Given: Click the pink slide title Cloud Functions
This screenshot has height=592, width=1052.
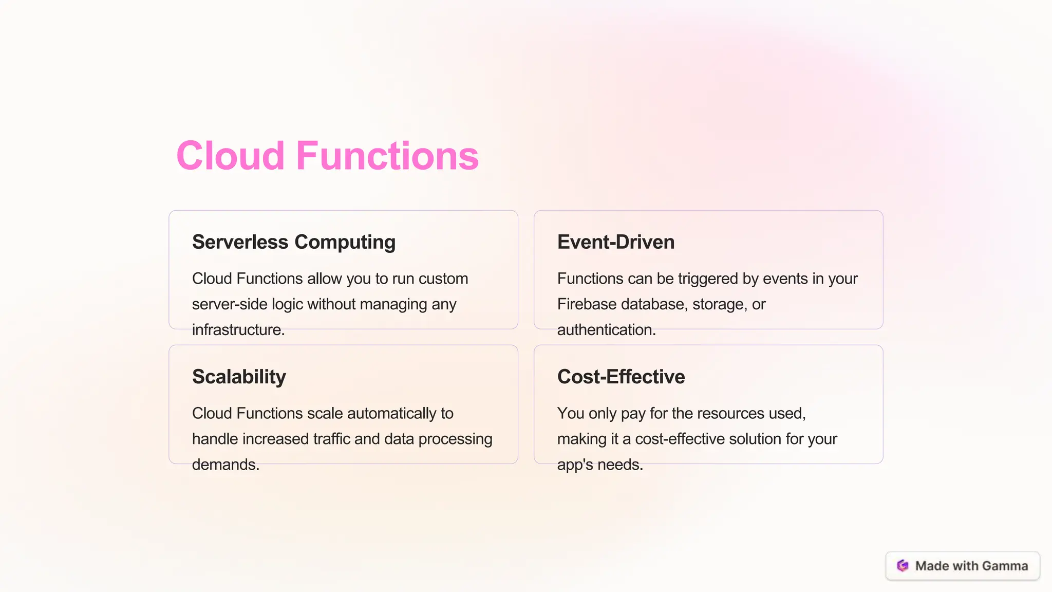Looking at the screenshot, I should (327, 156).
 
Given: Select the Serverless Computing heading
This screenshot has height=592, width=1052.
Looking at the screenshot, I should (293, 242).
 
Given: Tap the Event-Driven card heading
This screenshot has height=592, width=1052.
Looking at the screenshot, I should (615, 242).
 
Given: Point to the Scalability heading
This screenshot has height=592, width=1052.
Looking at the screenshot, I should (239, 377).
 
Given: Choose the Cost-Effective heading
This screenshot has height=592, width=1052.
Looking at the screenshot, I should (621, 377).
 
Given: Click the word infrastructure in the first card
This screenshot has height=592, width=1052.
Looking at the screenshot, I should (238, 329).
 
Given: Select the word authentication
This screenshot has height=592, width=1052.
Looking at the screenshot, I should (606, 329).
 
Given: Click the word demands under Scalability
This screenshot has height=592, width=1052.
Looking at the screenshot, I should (225, 465).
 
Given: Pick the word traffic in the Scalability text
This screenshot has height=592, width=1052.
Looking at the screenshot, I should (331, 439).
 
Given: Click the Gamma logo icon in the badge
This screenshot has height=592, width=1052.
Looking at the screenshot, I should (903, 566).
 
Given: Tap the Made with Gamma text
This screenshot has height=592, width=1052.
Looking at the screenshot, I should (971, 566).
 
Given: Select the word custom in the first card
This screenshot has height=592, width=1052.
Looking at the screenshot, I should (443, 279).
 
